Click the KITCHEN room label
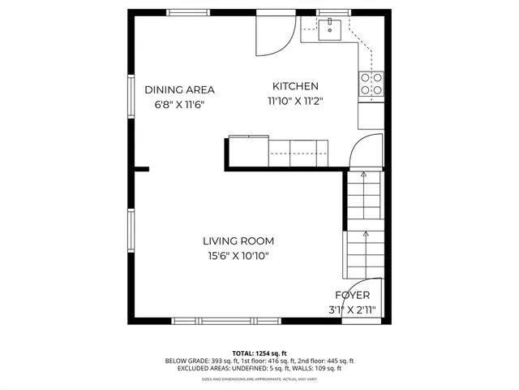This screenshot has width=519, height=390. point(295,86)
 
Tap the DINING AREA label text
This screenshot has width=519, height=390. point(179,90)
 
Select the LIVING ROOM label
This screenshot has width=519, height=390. point(238,240)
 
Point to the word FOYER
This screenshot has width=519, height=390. point(353,296)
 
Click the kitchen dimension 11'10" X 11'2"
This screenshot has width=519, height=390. point(295,102)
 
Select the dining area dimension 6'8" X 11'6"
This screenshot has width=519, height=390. point(179,105)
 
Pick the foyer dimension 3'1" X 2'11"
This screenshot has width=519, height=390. point(353,310)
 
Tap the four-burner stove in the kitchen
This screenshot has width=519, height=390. point(371,84)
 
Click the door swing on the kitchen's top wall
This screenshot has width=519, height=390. point(274,34)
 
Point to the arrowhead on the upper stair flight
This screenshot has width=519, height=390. point(363,174)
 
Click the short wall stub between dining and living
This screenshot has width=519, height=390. point(141,169)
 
